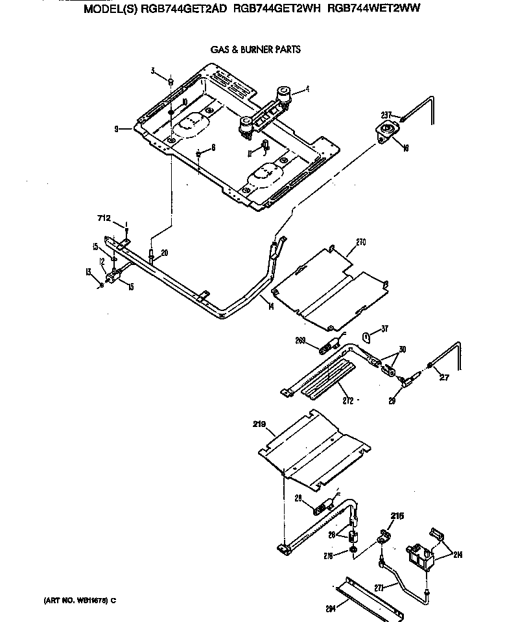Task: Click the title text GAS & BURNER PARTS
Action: click(x=255, y=49)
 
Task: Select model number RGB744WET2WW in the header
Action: click(x=371, y=11)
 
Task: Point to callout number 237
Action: click(x=386, y=115)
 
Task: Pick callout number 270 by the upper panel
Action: click(x=361, y=242)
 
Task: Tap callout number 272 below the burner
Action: click(x=348, y=401)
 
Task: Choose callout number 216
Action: click(x=396, y=516)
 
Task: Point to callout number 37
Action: click(x=384, y=328)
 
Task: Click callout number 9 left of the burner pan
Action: click(x=116, y=129)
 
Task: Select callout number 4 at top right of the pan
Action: click(x=307, y=89)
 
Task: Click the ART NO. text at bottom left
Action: click(x=75, y=601)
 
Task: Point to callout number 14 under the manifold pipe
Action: click(x=270, y=306)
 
